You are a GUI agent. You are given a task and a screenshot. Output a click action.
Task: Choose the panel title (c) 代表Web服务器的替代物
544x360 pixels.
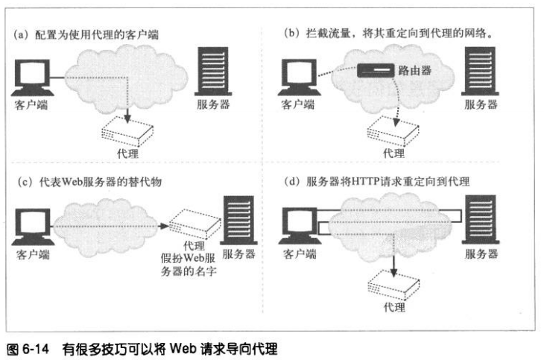click(x=90, y=182)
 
